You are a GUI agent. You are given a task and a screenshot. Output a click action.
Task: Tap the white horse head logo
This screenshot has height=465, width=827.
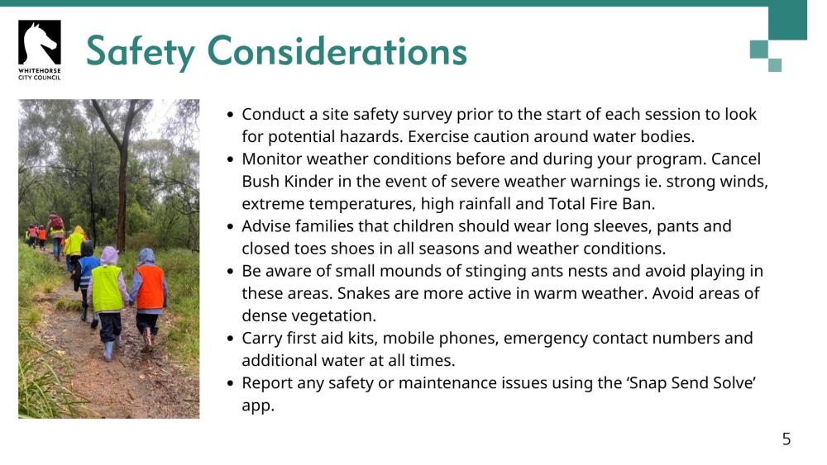tap(39, 42)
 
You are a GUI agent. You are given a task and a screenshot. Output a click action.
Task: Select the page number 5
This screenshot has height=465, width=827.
tap(786, 439)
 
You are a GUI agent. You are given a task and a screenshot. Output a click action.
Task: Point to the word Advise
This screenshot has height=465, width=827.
tap(267, 226)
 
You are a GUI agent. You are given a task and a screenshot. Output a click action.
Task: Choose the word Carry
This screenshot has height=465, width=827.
tap(263, 339)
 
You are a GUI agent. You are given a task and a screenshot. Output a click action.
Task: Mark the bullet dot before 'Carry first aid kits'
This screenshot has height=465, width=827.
tap(232, 339)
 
